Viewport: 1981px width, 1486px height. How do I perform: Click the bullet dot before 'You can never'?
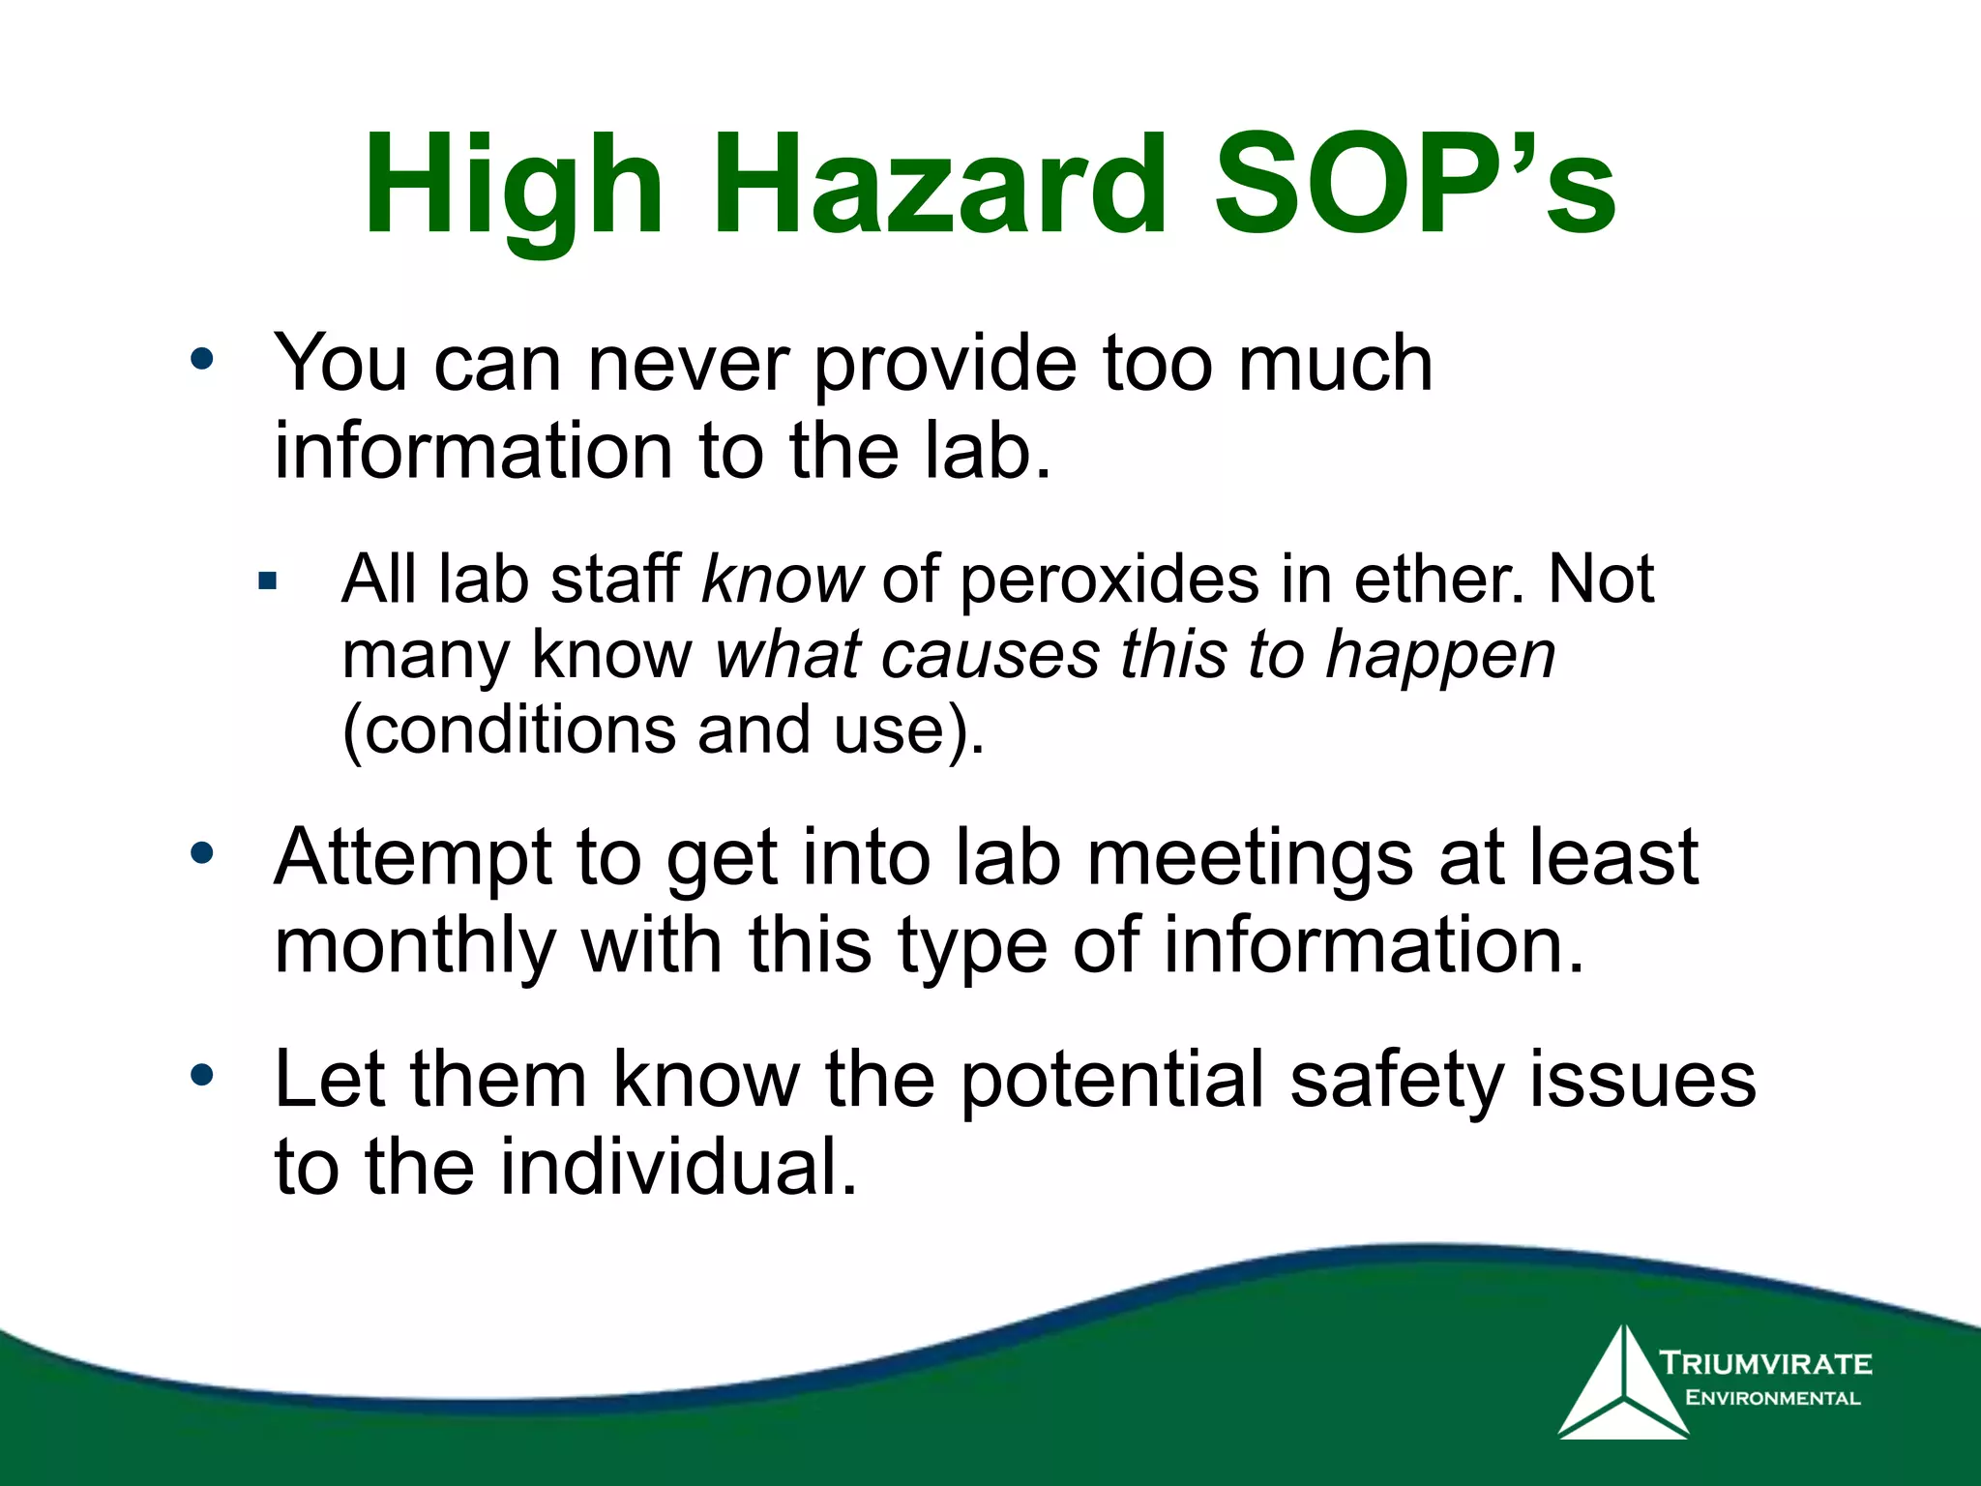201,360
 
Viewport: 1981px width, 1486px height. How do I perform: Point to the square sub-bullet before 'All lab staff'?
268,581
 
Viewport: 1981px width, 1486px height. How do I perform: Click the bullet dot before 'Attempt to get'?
201,853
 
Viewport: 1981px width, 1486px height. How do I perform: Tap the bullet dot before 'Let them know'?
201,1076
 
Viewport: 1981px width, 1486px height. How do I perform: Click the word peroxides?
1109,580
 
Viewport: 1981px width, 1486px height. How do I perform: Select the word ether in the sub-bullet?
1438,580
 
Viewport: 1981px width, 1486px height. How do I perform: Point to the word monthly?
416,946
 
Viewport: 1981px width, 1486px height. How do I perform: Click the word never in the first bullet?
688,365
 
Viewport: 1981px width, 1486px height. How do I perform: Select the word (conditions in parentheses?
510,730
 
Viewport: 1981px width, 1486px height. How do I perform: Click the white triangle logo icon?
1622,1385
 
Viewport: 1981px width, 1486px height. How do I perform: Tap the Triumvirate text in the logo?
1766,1364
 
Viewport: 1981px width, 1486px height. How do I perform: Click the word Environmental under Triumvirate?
1772,1398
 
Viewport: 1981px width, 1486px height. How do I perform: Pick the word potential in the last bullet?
1111,1080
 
